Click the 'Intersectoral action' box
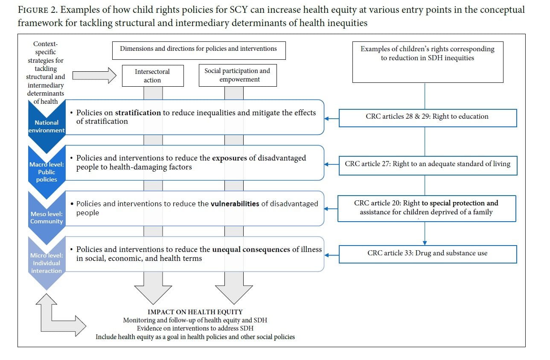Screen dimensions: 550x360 point(153,76)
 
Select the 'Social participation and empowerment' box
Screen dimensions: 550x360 point(238,75)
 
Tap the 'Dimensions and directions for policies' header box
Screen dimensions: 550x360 point(199,50)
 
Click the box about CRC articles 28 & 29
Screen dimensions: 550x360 point(428,118)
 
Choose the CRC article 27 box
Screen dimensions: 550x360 point(428,165)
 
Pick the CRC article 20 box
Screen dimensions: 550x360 point(427,208)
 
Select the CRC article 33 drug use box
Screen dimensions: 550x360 point(428,254)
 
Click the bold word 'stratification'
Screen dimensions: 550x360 point(138,113)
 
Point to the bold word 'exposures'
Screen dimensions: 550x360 point(229,158)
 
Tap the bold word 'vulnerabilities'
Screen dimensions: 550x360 point(235,204)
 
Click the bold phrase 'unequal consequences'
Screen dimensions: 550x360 point(251,249)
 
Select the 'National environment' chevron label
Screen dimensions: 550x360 point(47,126)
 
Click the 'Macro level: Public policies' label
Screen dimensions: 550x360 point(47,172)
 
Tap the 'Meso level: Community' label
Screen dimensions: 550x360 point(47,217)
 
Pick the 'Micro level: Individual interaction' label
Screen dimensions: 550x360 point(47,263)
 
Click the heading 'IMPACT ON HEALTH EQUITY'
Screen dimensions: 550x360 point(195,312)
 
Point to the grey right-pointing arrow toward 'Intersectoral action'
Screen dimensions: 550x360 point(94,76)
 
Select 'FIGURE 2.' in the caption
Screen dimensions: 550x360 point(38,10)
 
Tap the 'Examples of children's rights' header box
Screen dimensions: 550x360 point(428,62)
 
